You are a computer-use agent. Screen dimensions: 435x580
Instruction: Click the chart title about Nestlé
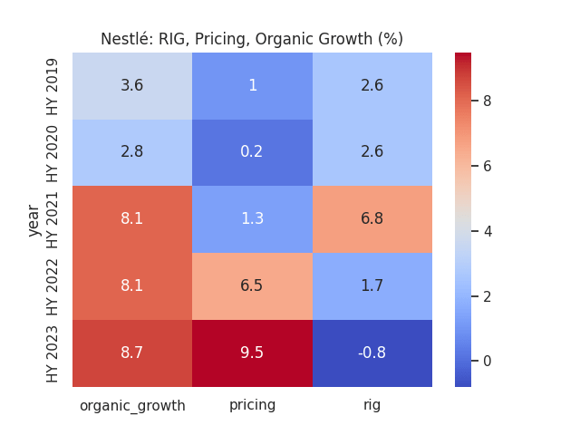[x=252, y=39]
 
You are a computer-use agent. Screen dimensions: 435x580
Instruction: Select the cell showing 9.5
[x=252, y=353]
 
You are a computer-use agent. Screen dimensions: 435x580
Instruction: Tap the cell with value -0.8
[x=372, y=353]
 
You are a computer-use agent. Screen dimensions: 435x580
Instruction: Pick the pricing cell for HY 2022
[x=252, y=285]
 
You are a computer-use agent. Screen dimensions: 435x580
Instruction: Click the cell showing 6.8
[x=372, y=218]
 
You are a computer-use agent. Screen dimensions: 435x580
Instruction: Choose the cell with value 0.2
[x=252, y=151]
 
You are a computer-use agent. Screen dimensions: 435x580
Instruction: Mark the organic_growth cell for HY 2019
[x=132, y=85]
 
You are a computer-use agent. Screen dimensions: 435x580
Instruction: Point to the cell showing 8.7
[x=132, y=353]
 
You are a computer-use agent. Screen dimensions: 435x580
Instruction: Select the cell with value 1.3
[x=252, y=218]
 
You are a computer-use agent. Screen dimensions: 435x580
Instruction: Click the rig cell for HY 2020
[x=372, y=151]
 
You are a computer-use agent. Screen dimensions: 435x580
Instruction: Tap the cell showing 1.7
[x=372, y=285]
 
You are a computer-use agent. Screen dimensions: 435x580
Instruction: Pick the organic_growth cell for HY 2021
[x=132, y=218]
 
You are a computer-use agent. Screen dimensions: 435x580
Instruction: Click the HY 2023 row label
[x=53, y=353]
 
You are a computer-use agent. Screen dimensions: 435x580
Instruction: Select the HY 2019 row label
[x=53, y=85]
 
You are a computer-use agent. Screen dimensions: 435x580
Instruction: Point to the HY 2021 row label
[x=53, y=218]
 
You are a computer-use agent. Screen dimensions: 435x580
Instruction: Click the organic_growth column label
[x=132, y=406]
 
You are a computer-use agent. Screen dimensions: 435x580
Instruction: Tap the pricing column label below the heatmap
[x=252, y=405]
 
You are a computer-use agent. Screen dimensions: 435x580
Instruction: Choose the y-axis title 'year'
[x=34, y=219]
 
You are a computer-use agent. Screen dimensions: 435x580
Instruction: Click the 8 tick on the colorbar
[x=487, y=101]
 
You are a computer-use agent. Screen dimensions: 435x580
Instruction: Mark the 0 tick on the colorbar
[x=487, y=361]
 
